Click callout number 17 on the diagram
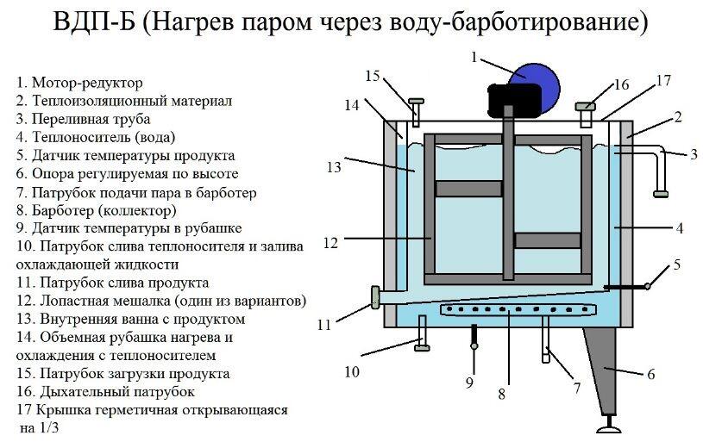tap(663, 81)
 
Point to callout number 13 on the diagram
tap(334, 167)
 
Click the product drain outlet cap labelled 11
tap(375, 298)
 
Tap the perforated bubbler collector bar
tap(514, 309)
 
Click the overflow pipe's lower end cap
tap(661, 195)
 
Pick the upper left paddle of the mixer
tap(468, 189)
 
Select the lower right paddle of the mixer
tap(548, 240)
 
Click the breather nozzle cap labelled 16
tap(586, 106)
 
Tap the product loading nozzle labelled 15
tap(416, 111)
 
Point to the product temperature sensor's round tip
tap(648, 285)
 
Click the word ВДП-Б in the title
tap(94, 22)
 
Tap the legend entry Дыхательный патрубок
tap(117, 392)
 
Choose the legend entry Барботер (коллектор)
tap(104, 210)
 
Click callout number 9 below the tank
tap(469, 383)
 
